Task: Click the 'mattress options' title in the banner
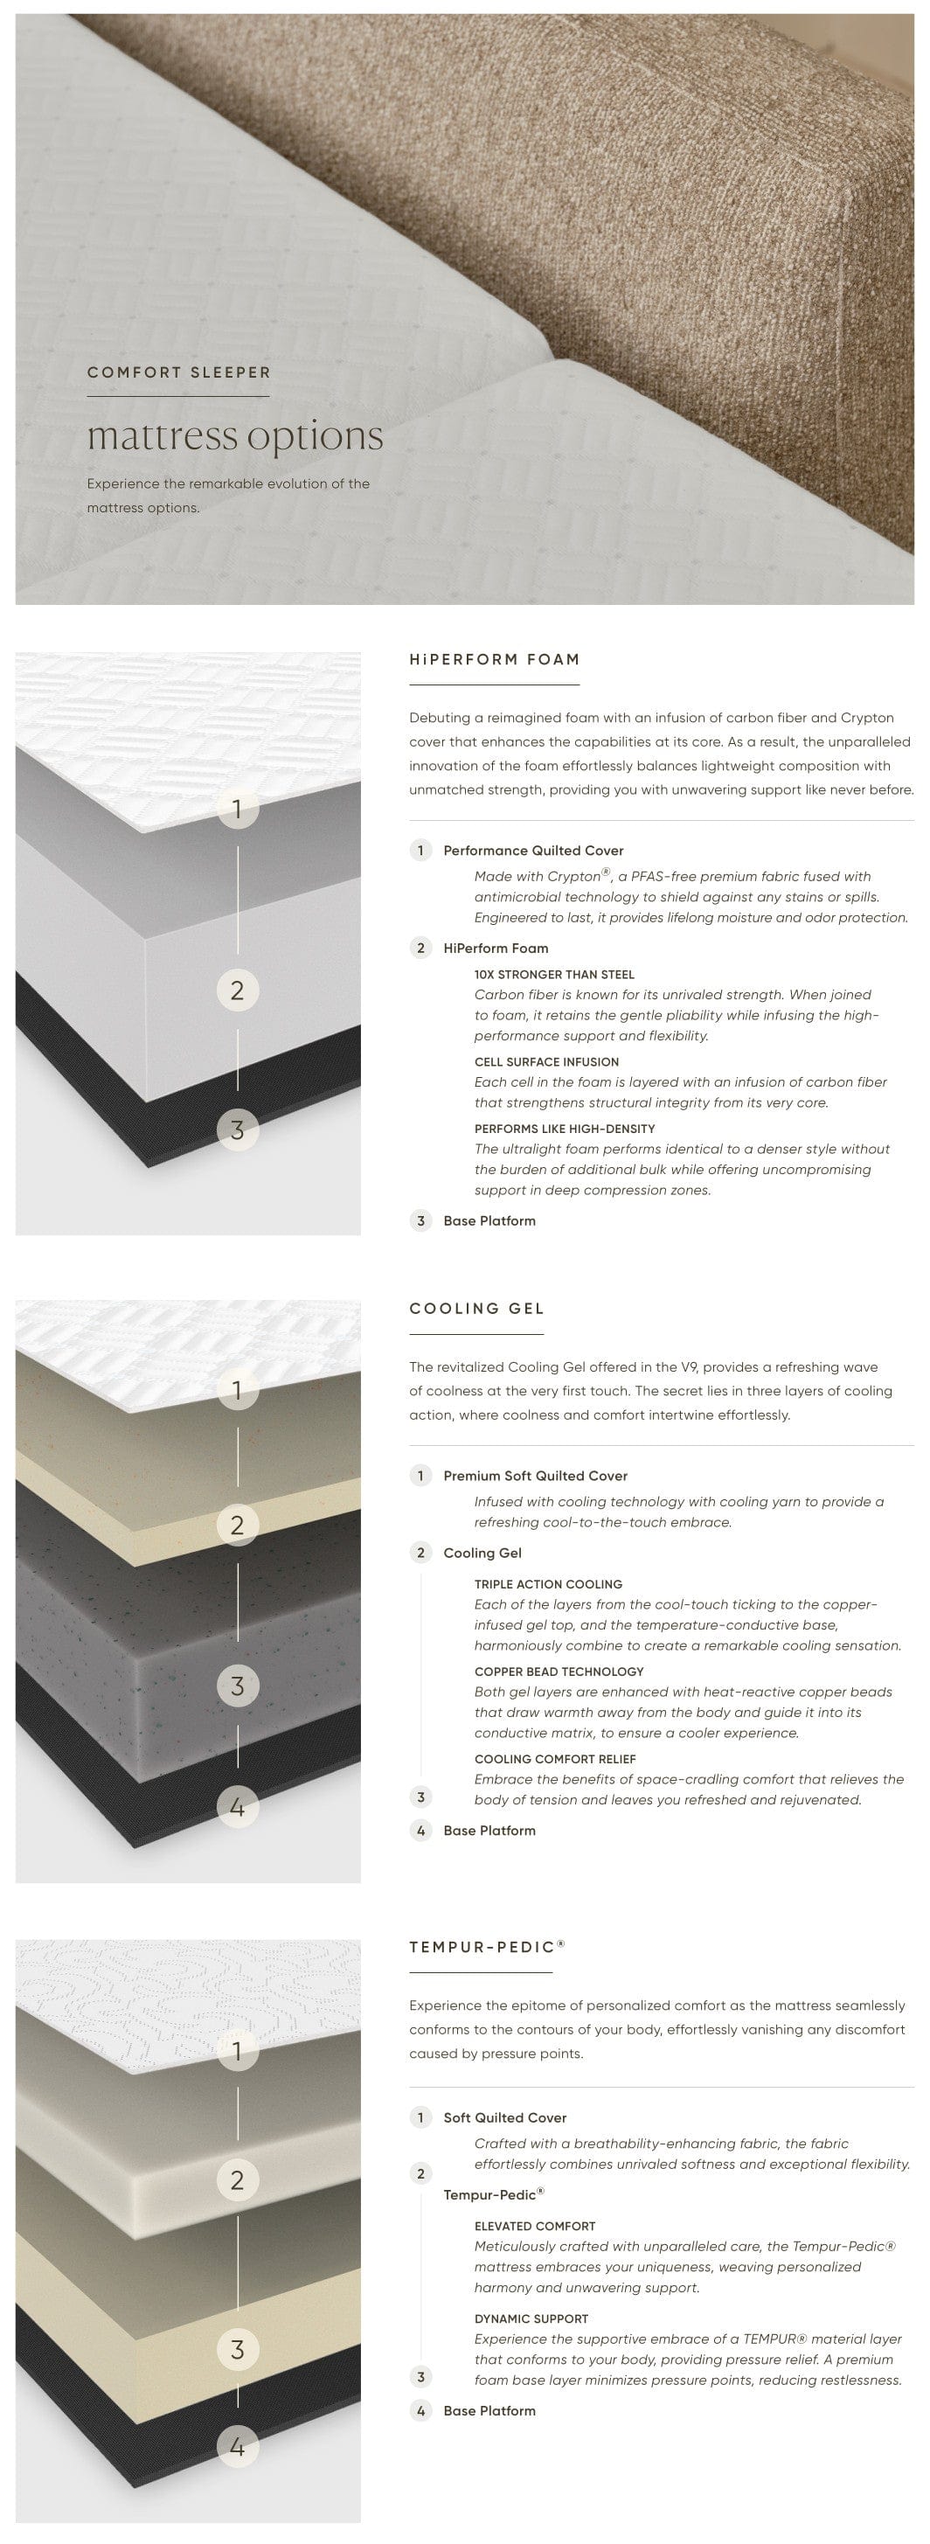235,436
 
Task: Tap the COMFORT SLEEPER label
178,372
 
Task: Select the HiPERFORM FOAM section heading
495,660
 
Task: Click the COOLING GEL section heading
477,1309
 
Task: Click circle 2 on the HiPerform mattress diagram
237,990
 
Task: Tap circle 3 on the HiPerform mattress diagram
237,1130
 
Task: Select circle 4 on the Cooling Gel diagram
237,1807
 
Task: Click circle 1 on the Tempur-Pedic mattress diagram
237,2051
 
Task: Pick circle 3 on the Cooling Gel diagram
237,1686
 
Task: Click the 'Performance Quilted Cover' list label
533,851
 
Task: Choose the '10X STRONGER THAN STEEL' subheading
554,975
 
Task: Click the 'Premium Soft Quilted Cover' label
535,1476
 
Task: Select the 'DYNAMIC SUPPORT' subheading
531,2318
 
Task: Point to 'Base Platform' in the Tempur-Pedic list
489,2410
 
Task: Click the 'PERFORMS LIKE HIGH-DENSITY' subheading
565,1129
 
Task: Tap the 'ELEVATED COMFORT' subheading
535,2226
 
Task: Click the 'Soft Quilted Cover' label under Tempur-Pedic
504,2117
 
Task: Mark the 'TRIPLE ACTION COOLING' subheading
548,1584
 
